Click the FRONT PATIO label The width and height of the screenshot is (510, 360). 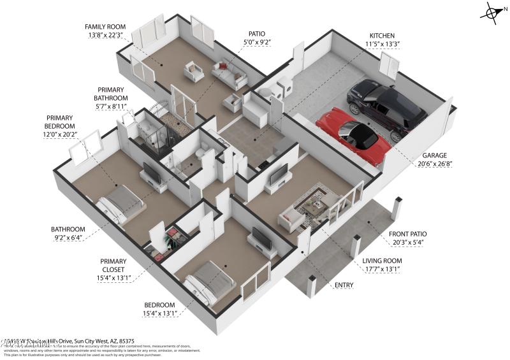click(x=408, y=234)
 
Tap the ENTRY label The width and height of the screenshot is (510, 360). click(x=344, y=285)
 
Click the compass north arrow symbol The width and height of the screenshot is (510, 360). click(x=493, y=13)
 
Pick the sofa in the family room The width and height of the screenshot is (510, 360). click(x=229, y=74)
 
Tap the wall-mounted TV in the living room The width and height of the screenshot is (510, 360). click(x=279, y=174)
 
